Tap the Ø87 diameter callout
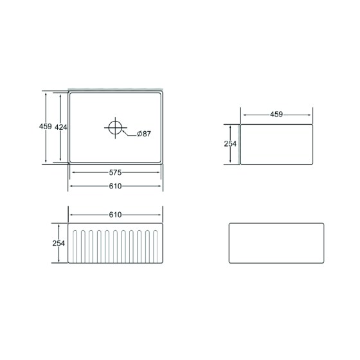coord(144,134)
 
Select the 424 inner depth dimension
coord(61,127)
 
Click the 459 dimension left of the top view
coord(46,126)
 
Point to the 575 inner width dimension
coord(115,172)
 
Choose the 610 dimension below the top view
coord(115,186)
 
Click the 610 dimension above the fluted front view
coord(115,215)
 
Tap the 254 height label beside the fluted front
coord(59,244)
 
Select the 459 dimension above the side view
coord(276,114)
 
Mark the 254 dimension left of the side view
coord(230,144)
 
